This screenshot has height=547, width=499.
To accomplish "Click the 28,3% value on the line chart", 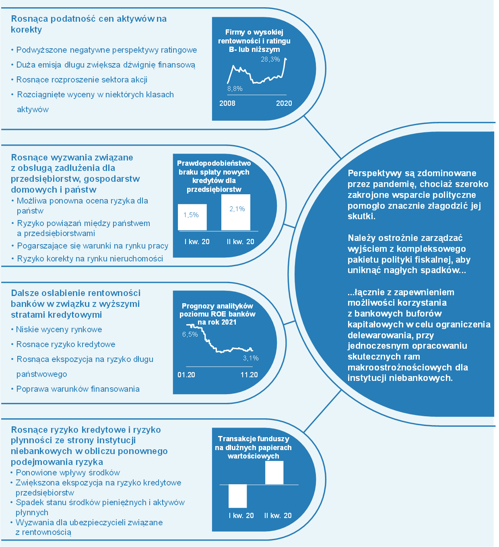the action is (x=270, y=59).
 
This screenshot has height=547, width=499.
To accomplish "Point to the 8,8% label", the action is (x=235, y=88).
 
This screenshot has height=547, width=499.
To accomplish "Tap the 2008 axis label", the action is (x=227, y=103).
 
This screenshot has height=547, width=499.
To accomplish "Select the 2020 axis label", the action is (x=284, y=103).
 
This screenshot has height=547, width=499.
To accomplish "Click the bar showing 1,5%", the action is (x=192, y=217).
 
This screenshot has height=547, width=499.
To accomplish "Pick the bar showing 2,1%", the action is (x=236, y=212).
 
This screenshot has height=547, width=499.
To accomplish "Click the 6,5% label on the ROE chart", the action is (x=190, y=334).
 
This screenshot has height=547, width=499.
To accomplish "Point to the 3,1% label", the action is (x=251, y=358).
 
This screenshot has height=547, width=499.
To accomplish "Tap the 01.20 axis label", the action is (x=186, y=375).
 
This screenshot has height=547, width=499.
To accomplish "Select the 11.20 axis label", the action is (x=249, y=375).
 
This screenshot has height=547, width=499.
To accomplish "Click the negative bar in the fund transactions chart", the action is (x=238, y=496).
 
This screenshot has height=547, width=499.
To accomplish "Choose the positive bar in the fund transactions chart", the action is (x=274, y=473).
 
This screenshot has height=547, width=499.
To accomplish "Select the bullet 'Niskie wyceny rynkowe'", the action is (x=57, y=329).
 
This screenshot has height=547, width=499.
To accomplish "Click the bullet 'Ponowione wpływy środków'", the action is (x=66, y=472).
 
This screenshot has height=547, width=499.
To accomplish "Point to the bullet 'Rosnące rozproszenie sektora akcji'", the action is (x=79, y=80).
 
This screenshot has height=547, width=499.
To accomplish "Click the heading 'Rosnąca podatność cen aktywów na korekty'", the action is (x=89, y=24).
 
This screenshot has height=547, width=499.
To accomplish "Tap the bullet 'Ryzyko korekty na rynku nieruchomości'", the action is (x=87, y=259).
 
